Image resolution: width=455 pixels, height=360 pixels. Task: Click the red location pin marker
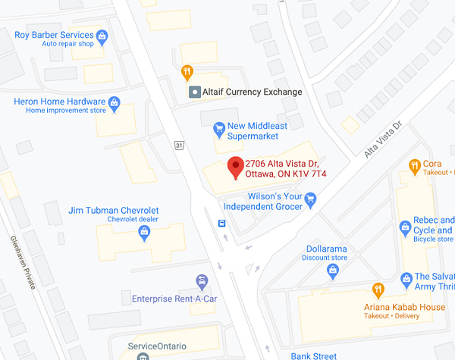[235, 165]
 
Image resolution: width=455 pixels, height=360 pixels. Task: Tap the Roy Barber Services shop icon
[101, 34]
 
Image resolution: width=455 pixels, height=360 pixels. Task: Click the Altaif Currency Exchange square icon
[194, 92]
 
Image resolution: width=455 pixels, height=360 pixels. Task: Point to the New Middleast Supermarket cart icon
[218, 127]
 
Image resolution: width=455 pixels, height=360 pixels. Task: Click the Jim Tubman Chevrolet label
[113, 210]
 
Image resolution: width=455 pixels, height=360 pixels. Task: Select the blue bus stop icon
[222, 224]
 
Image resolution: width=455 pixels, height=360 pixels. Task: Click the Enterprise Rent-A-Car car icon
[202, 282]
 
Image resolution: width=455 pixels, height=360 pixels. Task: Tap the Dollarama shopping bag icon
[331, 269]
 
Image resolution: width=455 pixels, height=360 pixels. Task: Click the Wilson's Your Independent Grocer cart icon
[309, 198]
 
